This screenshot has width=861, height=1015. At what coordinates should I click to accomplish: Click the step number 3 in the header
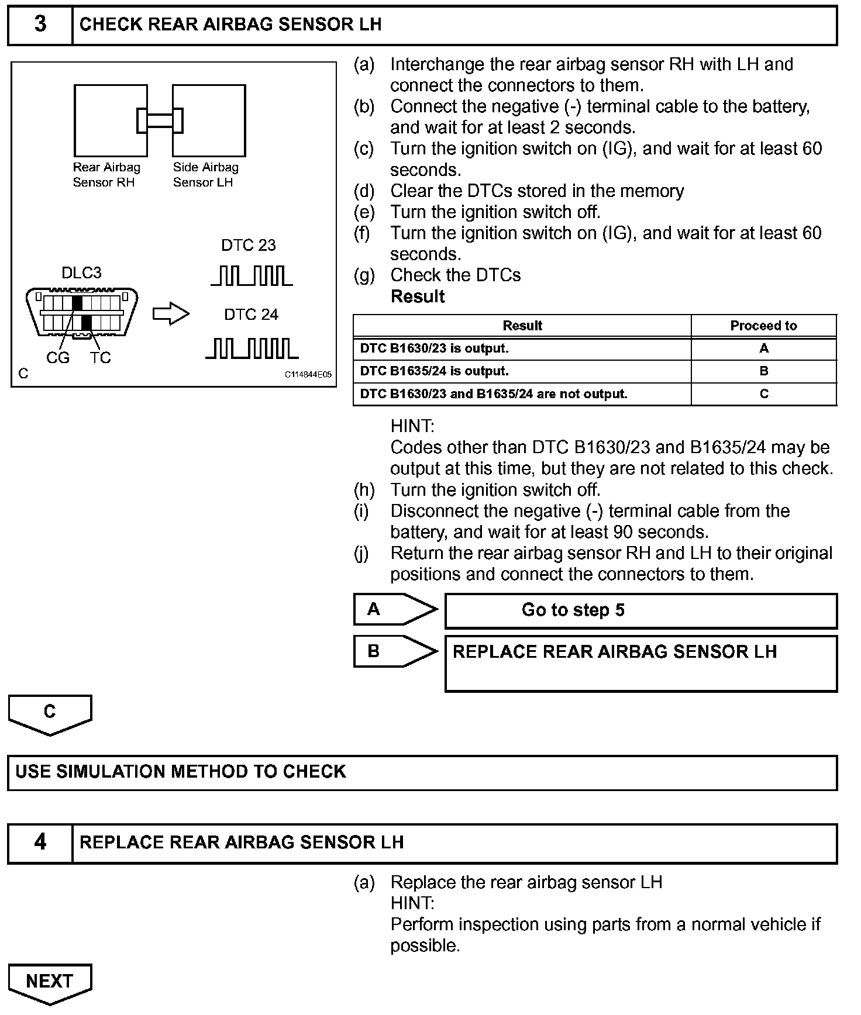40,25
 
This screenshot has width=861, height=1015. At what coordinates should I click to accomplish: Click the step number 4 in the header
40,843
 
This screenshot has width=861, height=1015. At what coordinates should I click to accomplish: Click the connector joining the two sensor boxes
160,120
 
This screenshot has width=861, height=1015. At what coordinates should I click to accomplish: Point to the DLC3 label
81,273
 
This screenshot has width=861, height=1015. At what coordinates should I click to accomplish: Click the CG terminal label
57,358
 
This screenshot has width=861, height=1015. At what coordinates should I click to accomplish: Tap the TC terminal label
100,358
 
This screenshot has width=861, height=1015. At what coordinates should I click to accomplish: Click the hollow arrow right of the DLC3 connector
171,315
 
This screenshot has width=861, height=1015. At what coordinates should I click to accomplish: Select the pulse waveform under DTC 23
252,275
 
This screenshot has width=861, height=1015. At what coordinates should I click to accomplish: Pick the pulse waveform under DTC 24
252,348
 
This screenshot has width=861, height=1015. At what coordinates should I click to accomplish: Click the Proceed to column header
763,326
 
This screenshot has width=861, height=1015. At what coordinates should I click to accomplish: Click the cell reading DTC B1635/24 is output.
434,371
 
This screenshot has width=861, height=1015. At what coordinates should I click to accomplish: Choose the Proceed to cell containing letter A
763,348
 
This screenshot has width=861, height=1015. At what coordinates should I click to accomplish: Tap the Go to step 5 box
641,611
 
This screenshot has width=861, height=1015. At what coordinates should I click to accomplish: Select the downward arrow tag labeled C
50,714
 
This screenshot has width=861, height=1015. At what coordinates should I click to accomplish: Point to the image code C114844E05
308,375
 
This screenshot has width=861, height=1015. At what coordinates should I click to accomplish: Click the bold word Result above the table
418,296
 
